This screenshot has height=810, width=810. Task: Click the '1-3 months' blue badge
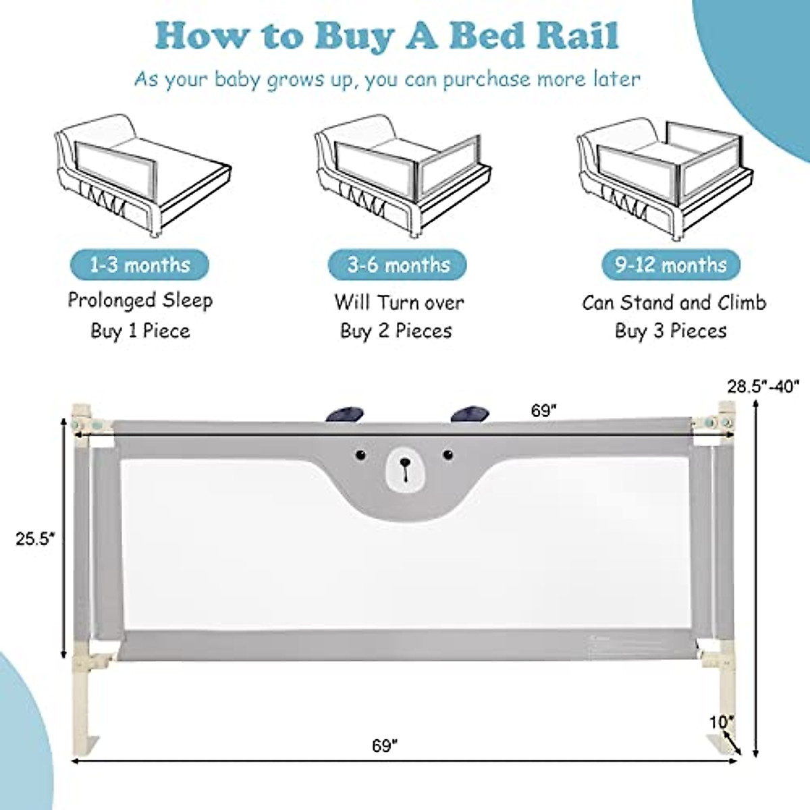[140, 265]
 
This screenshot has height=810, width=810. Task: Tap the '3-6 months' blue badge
[398, 265]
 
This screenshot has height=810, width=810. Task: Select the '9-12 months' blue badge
[670, 265]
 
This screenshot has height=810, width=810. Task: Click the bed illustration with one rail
[142, 175]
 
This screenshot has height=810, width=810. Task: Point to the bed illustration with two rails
[402, 175]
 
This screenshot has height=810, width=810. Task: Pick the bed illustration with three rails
[665, 175]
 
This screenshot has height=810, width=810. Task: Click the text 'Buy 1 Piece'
[140, 331]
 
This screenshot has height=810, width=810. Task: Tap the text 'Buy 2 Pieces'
[396, 331]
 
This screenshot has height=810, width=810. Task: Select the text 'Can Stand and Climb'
[674, 302]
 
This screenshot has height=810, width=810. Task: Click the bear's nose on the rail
[404, 463]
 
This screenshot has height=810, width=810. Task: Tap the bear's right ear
[469, 414]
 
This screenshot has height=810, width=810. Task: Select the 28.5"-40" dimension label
[763, 386]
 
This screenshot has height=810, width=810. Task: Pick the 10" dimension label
[720, 722]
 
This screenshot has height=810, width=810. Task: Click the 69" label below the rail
[385, 746]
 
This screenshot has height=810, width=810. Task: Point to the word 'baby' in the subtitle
[237, 79]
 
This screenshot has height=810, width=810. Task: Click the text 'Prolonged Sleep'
[140, 300]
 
